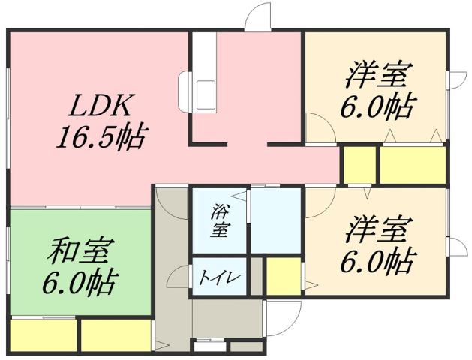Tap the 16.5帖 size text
pos(100,137)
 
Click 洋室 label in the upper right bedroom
pos(377,77)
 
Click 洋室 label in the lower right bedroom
pos(377,228)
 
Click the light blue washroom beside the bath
pos(275,221)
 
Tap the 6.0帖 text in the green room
pos(79,283)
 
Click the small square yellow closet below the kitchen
pos(359,165)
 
